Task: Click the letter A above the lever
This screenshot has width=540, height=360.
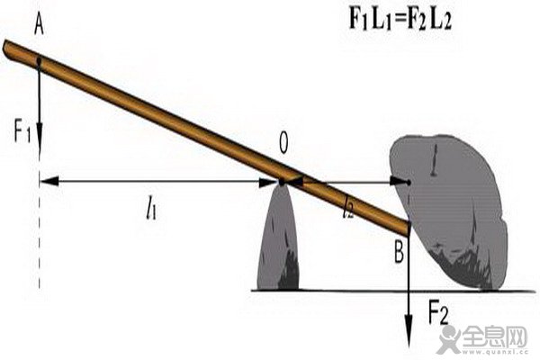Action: (40, 26)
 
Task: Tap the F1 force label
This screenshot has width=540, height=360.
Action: (22, 132)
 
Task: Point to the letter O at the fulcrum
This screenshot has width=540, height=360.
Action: (283, 143)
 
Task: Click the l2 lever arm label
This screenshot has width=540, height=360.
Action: (347, 209)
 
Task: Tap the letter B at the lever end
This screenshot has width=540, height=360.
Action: (399, 253)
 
